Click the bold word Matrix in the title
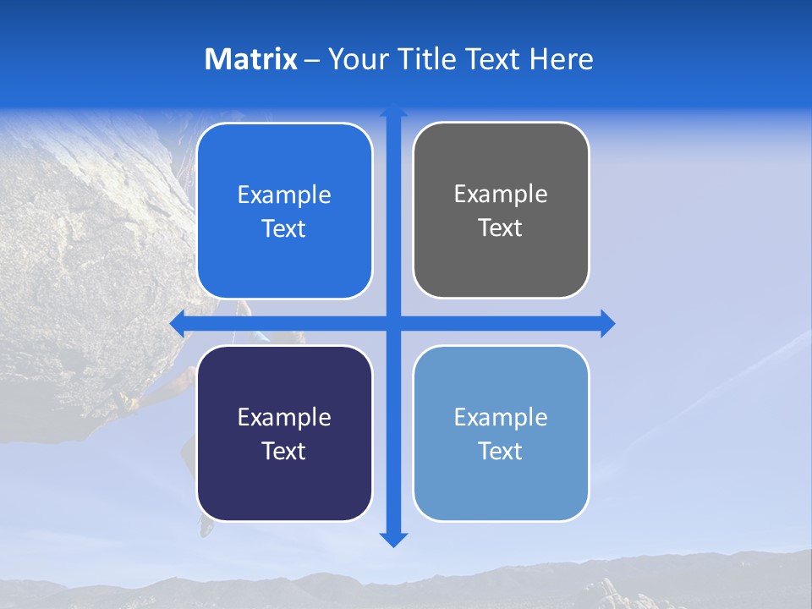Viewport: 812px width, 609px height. click(x=251, y=59)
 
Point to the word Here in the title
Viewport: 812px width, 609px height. click(x=562, y=59)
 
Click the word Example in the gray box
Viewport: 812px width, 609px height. click(x=501, y=195)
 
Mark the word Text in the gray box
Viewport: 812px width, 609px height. click(x=501, y=228)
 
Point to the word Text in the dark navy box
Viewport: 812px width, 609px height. click(x=284, y=451)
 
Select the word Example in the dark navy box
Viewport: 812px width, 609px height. click(x=284, y=417)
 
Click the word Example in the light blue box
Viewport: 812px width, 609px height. click(x=501, y=417)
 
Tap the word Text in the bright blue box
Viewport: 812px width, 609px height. click(x=284, y=229)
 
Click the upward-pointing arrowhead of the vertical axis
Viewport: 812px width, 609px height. click(x=393, y=110)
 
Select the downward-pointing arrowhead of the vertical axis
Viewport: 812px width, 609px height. click(x=393, y=539)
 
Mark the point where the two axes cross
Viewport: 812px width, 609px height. click(x=393, y=324)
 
